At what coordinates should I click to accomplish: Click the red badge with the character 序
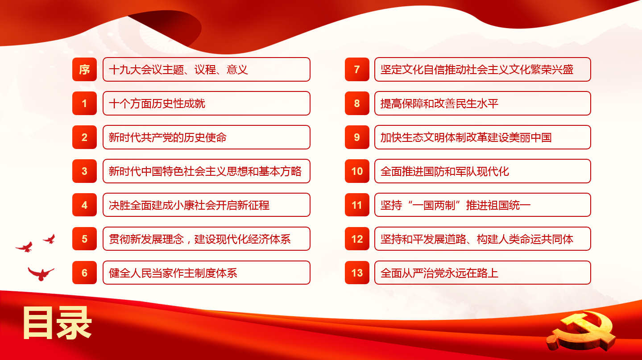[85, 69]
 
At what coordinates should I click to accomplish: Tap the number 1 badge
[85, 103]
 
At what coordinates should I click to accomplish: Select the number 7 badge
[357, 69]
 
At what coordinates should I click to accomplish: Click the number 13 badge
[357, 273]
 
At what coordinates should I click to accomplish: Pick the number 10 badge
[357, 171]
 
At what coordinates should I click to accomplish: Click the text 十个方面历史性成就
[157, 103]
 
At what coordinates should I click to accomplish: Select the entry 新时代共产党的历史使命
[168, 137]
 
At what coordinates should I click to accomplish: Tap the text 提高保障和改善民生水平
[439, 103]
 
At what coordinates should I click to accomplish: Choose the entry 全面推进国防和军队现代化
[444, 171]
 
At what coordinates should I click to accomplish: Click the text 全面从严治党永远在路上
[439, 273]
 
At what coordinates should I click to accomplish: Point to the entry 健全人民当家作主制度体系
[173, 273]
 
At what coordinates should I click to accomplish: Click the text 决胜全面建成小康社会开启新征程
[189, 205]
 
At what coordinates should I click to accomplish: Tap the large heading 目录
[57, 323]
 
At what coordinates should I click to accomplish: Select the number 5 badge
[85, 239]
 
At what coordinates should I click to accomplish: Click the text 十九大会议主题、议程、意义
[178, 70]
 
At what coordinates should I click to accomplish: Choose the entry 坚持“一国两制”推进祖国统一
[456, 205]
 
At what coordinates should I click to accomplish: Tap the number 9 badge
[357, 137]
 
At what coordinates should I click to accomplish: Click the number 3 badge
[85, 171]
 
